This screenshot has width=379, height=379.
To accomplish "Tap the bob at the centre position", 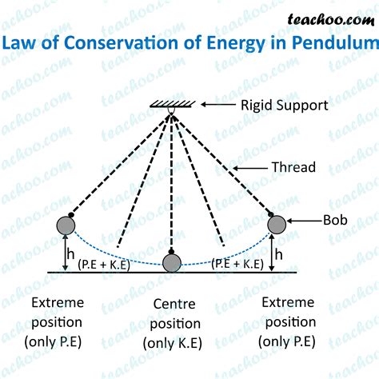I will [172, 262].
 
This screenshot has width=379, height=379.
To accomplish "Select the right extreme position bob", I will [277, 225].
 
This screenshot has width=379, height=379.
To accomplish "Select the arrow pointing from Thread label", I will [254, 167].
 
